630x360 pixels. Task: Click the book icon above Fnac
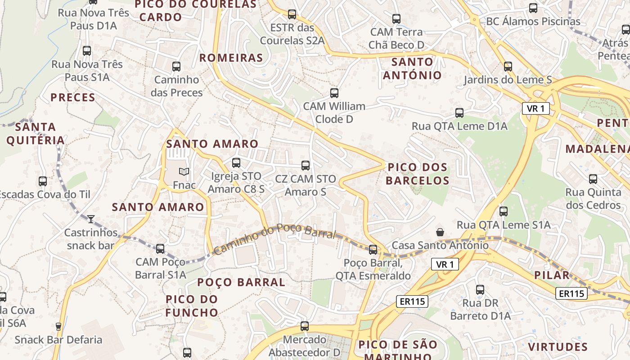point(184,171)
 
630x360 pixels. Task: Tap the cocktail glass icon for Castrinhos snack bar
point(91,219)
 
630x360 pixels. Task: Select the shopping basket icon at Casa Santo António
point(440,232)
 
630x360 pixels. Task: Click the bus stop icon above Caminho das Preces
point(176,67)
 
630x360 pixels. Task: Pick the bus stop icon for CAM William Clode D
point(334,93)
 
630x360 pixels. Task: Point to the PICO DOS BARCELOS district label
point(418,174)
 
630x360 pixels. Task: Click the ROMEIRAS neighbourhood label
point(231,58)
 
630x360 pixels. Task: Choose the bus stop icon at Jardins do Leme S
point(508,67)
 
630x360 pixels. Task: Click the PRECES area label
point(73,97)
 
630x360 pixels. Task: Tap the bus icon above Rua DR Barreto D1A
point(480,290)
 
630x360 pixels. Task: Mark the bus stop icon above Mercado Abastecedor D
point(305,326)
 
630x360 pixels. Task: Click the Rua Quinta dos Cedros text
point(593,199)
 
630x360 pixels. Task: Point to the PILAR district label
point(552,275)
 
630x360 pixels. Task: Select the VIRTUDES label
point(558,346)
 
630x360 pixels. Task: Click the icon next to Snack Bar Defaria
point(58,327)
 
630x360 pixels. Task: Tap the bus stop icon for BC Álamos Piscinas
point(533,8)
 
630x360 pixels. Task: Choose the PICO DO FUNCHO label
point(192,306)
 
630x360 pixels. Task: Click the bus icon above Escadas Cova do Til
point(43,181)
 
